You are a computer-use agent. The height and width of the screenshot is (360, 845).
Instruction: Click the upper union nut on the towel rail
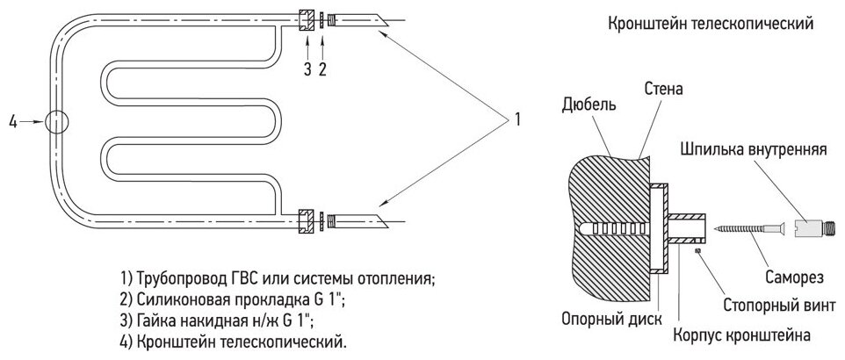(307, 19)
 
